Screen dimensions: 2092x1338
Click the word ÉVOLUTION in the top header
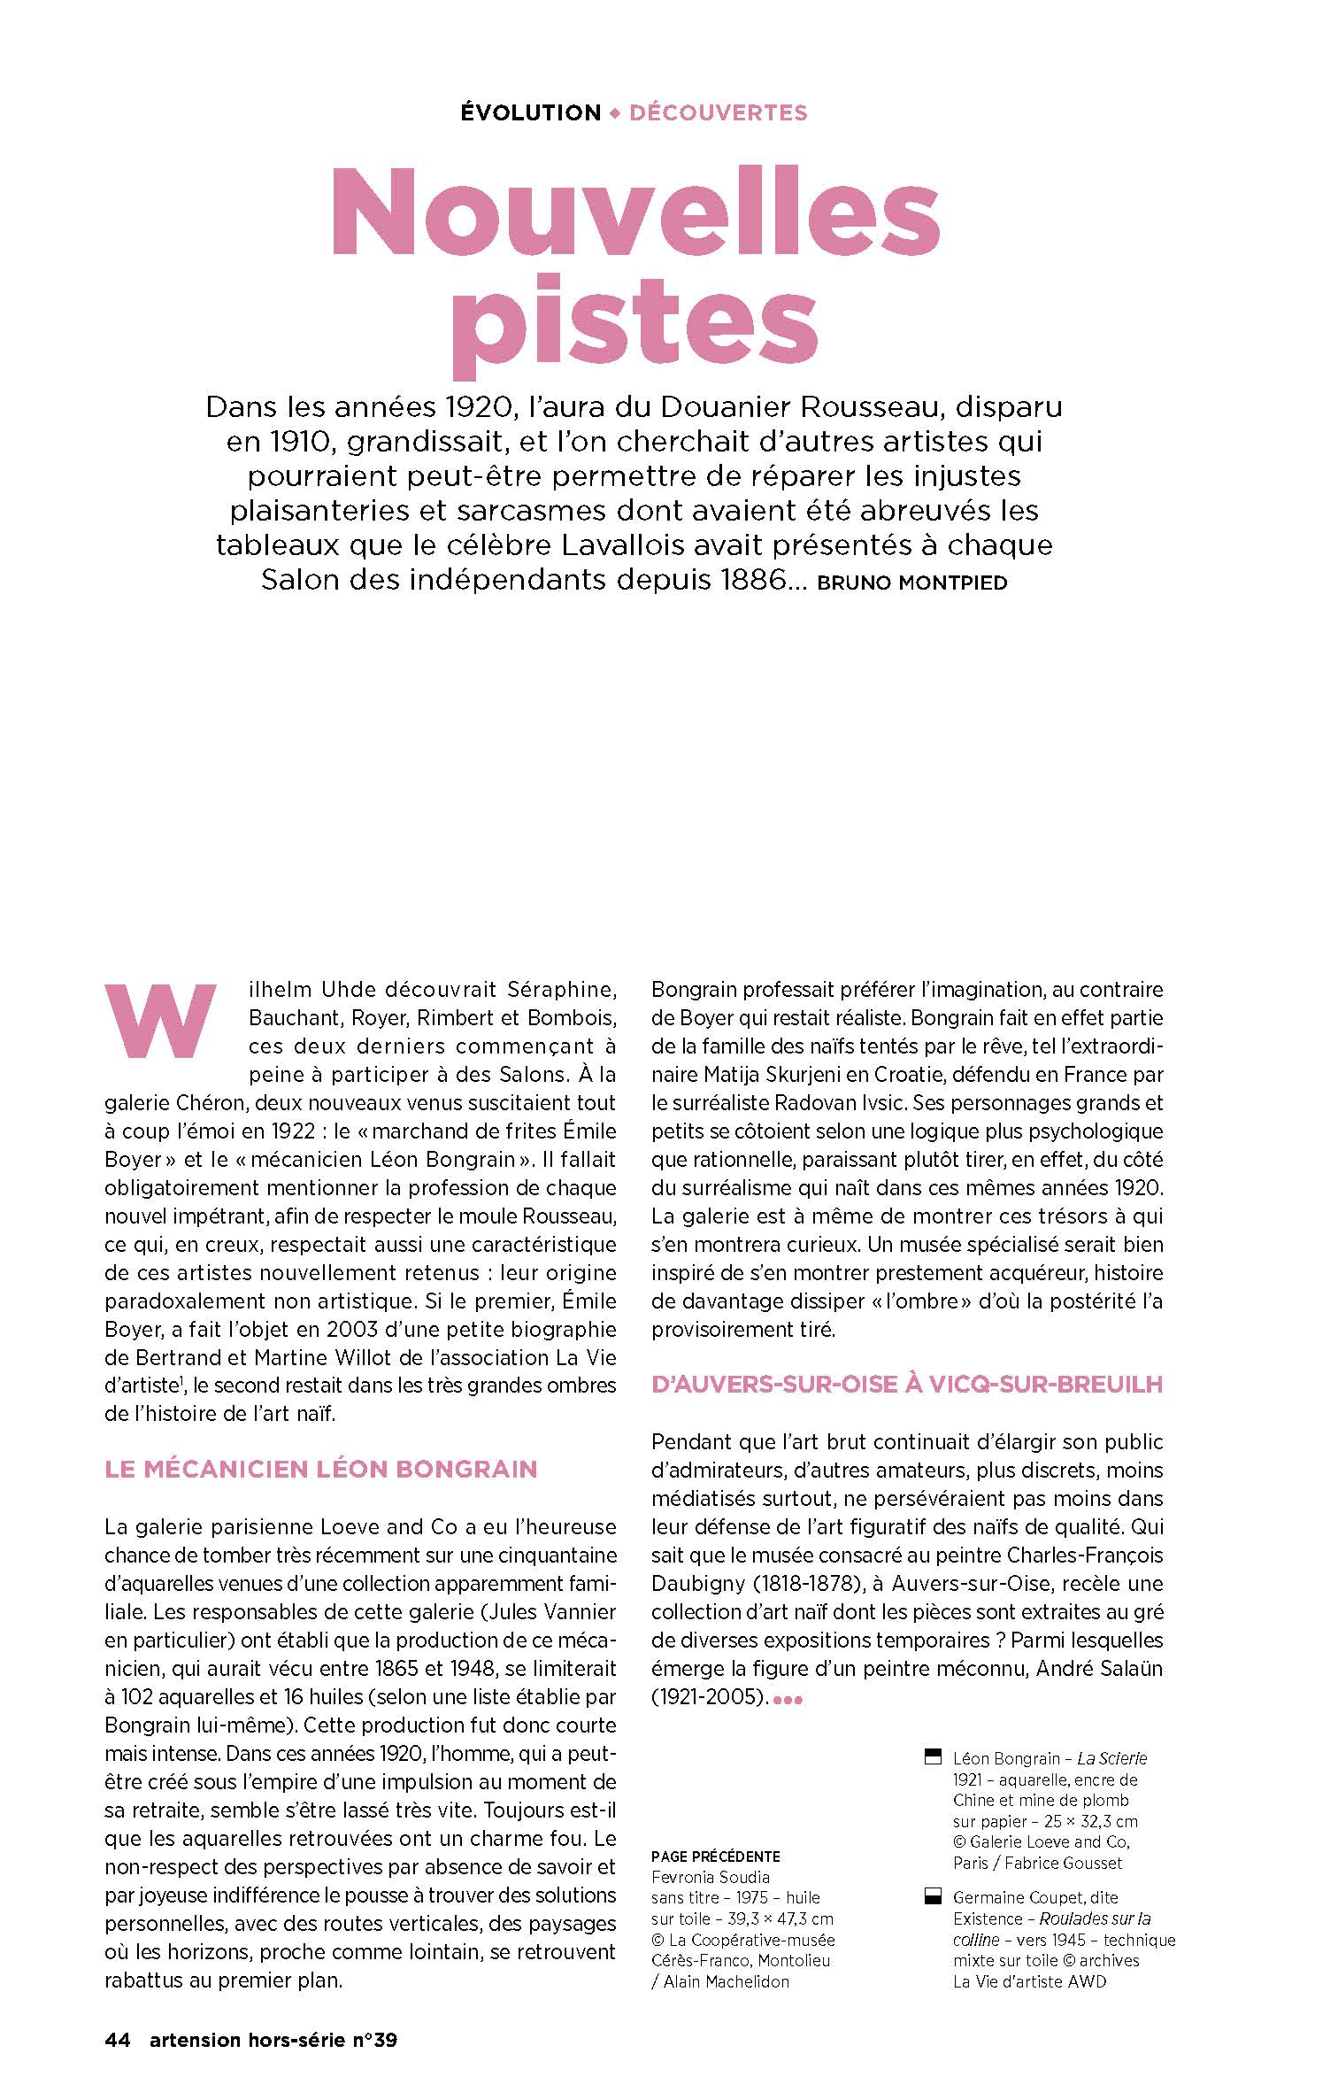coord(531,113)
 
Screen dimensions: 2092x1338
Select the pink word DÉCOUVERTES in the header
coord(718,113)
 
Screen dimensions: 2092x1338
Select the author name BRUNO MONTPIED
coord(911,583)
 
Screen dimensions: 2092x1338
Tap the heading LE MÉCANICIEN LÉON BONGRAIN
coord(321,1469)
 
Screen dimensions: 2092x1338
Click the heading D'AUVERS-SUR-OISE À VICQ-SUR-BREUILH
coord(907,1385)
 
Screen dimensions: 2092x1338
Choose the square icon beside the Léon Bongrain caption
coord(930,1758)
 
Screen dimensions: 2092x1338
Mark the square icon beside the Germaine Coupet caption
coord(930,1897)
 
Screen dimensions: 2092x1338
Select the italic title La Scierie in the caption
coord(1112,1758)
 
